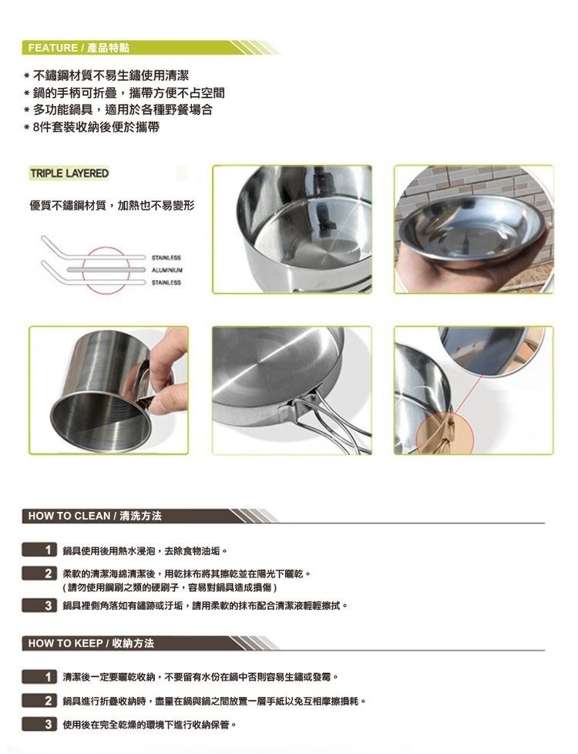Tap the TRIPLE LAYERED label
point(69,173)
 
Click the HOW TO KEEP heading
point(91,643)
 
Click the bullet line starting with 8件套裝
point(96,128)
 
